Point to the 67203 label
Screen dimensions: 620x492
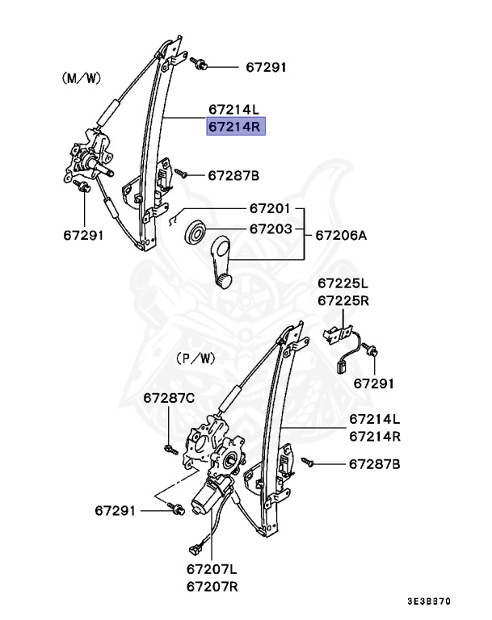point(270,229)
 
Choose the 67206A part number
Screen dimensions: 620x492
point(341,236)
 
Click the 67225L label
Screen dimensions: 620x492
point(343,283)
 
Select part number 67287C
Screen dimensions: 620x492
point(169,398)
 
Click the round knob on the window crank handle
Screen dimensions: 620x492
point(223,280)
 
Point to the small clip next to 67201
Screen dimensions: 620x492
point(174,217)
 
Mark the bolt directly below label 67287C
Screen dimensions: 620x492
point(168,447)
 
